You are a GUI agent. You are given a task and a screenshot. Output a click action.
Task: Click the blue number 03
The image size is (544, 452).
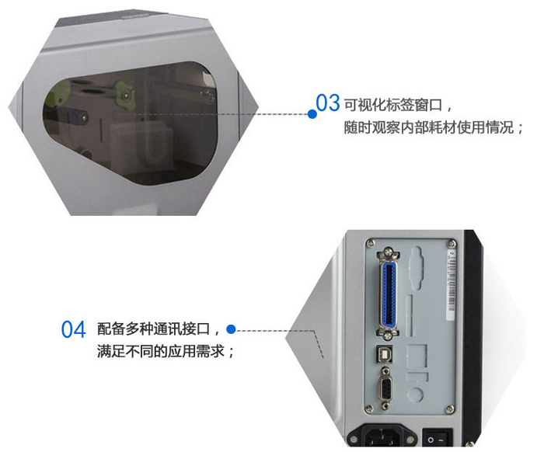click(x=327, y=103)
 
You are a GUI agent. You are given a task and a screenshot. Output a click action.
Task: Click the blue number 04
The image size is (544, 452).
click(x=74, y=329)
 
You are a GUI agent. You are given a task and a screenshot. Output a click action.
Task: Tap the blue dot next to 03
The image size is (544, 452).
click(x=312, y=113)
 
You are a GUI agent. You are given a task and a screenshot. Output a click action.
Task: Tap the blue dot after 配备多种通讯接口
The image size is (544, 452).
click(x=231, y=329)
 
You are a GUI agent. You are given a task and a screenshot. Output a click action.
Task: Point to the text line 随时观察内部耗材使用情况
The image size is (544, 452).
click(x=434, y=127)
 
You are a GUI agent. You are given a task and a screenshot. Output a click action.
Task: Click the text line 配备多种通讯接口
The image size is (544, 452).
click(x=158, y=329)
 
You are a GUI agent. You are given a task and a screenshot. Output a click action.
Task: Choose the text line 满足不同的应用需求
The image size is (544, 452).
click(x=166, y=351)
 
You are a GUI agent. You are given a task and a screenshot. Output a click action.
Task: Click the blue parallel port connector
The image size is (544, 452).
click(x=389, y=294)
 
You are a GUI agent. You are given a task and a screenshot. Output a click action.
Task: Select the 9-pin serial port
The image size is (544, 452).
click(x=385, y=388)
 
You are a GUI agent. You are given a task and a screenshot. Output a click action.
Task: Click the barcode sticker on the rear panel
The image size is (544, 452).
click(x=451, y=285)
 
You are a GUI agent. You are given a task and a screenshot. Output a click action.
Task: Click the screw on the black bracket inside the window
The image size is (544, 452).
click(x=84, y=118)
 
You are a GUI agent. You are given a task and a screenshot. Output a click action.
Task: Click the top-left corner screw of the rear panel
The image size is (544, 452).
click(x=371, y=243)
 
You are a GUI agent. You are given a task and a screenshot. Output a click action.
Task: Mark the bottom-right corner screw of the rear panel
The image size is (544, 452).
click(x=450, y=410)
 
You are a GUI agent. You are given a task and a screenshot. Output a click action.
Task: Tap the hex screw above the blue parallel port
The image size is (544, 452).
click(x=389, y=253)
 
